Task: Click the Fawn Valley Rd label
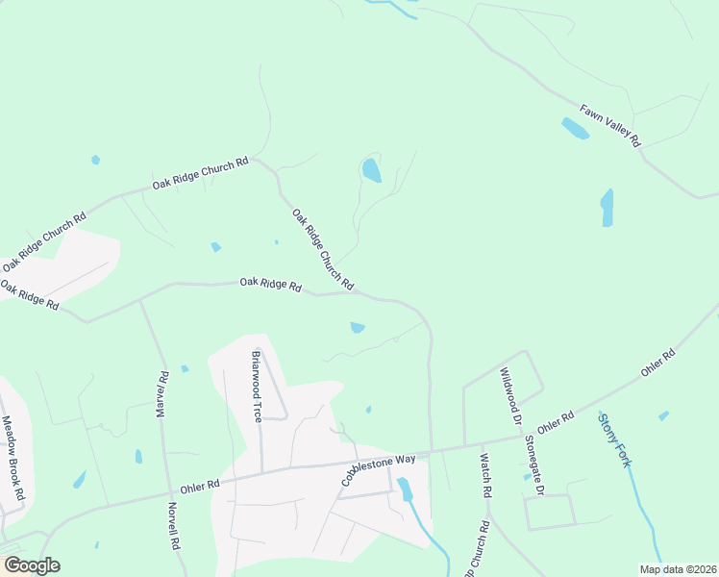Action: click(x=609, y=125)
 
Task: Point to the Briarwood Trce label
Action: click(x=257, y=386)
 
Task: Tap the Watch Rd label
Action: click(x=485, y=475)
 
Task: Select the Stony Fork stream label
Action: click(x=614, y=439)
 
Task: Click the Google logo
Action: click(x=32, y=565)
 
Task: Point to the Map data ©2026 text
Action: click(x=677, y=569)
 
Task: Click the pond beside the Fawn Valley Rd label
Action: click(x=574, y=128)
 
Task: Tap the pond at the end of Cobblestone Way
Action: click(x=405, y=489)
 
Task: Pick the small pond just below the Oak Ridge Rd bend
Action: click(x=358, y=328)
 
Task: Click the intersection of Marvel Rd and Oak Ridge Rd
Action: click(x=140, y=300)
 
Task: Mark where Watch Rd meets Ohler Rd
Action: click(x=480, y=443)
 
